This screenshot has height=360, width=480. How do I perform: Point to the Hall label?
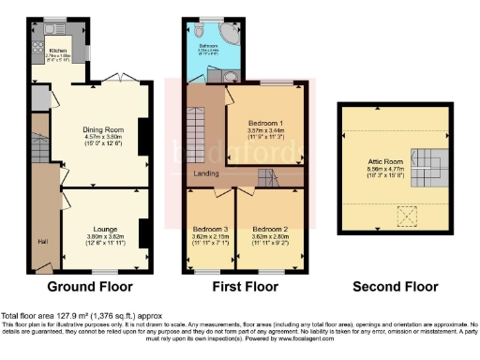[x=42, y=240]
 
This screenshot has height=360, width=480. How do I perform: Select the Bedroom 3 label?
[x=212, y=230]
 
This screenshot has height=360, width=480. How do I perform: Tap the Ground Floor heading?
[x=90, y=287]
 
